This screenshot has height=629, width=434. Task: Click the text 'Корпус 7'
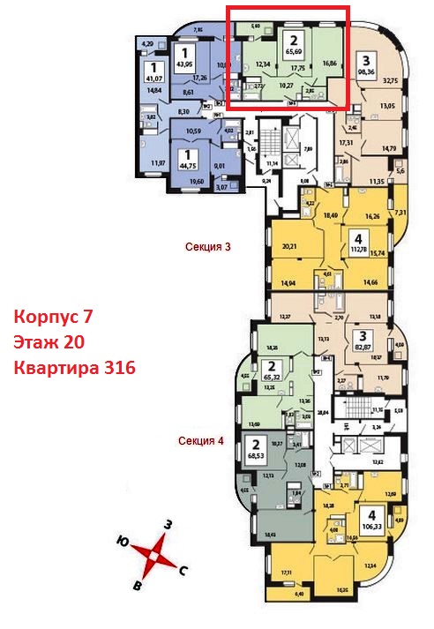click(54, 315)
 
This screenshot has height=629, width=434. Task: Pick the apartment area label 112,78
click(357, 248)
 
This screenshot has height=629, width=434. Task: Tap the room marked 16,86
click(330, 64)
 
